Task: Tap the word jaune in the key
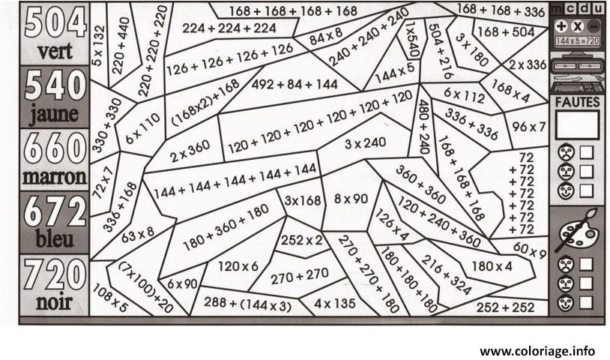click(55, 116)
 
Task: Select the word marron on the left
click(55, 178)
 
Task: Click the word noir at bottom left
click(55, 302)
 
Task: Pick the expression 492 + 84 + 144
click(295, 85)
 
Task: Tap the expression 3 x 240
click(365, 142)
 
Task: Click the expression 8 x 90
click(350, 199)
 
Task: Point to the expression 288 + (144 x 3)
click(247, 304)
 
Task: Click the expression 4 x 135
click(334, 304)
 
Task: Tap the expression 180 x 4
click(492, 265)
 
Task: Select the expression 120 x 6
click(238, 266)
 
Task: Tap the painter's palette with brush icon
click(578, 231)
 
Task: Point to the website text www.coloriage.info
click(537, 350)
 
